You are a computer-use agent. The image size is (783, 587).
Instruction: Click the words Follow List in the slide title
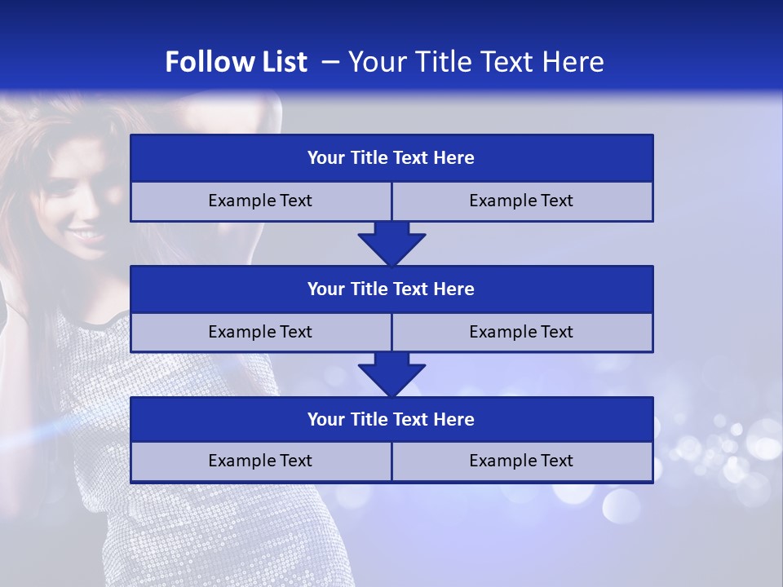click(x=236, y=62)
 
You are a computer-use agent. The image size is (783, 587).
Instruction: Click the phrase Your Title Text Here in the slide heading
click(x=476, y=62)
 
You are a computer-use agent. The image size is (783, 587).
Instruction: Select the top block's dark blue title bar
click(x=391, y=158)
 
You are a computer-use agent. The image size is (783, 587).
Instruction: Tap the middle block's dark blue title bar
click(x=391, y=289)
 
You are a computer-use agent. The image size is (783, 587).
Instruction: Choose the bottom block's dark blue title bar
click(x=391, y=420)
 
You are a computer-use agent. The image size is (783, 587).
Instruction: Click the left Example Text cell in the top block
click(x=260, y=201)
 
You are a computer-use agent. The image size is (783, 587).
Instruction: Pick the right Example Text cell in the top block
click(x=521, y=201)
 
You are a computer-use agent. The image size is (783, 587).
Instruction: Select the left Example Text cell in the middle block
click(x=260, y=333)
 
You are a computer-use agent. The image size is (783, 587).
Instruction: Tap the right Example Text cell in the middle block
click(x=521, y=333)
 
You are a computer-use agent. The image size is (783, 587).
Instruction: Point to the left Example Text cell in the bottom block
click(x=260, y=461)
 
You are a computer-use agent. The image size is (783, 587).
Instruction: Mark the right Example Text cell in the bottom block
click(x=521, y=461)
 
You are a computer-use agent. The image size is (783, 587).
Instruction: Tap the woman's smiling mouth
click(x=85, y=236)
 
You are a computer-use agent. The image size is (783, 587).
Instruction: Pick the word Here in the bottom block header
click(x=454, y=420)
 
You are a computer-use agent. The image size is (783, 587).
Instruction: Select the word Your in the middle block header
click(x=326, y=289)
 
